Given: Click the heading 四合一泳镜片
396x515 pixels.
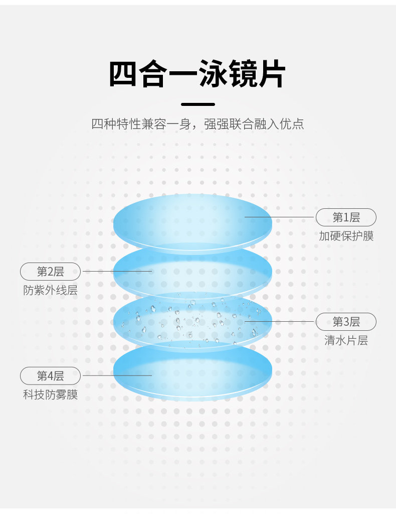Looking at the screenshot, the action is (x=197, y=75).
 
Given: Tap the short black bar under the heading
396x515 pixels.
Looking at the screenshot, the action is (x=197, y=104).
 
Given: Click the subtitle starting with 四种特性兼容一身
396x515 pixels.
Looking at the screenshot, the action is (x=197, y=123).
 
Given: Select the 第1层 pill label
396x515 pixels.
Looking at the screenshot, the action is (x=346, y=217).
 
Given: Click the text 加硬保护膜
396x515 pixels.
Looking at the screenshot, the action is (x=346, y=236).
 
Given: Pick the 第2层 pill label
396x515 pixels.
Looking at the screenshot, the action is (x=50, y=272).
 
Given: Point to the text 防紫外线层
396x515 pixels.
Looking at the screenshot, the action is (x=50, y=290).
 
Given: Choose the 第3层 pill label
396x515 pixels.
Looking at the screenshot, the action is (x=346, y=322).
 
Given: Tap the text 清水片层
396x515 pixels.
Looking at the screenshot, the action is (x=346, y=340).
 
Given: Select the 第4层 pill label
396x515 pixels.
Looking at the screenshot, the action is (x=50, y=375).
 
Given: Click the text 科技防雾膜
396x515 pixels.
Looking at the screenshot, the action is (x=50, y=395).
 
